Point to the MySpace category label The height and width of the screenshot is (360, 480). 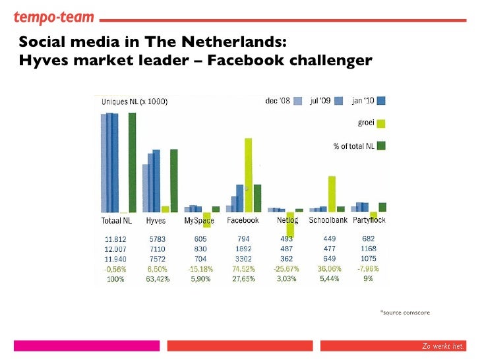click(x=199, y=221)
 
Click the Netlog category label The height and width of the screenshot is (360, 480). click(x=287, y=220)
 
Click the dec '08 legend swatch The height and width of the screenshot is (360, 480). click(x=297, y=102)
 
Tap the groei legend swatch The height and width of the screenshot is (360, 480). click(x=381, y=123)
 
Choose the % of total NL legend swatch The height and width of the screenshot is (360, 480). click(x=381, y=146)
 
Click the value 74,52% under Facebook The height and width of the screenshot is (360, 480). click(x=243, y=269)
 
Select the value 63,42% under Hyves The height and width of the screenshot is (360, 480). click(x=158, y=279)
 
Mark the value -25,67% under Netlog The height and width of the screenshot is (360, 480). click(x=286, y=269)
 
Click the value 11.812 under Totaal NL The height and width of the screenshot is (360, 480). click(x=116, y=239)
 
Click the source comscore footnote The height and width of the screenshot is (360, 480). click(x=405, y=312)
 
